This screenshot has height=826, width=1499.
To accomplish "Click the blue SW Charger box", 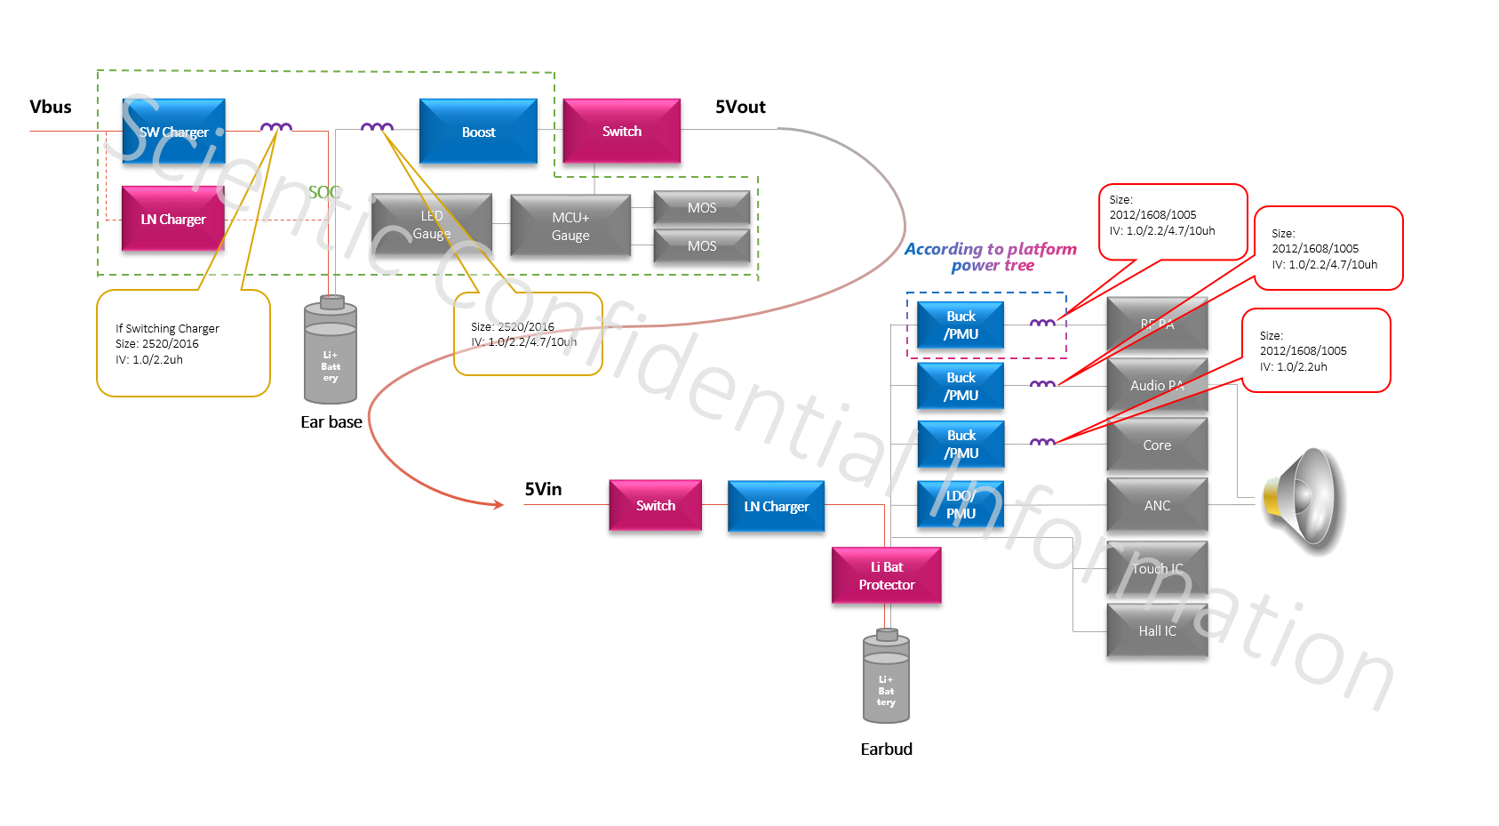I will pos(173,131).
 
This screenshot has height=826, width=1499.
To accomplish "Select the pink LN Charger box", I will pos(172,219).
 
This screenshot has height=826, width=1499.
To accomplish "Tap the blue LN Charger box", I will pos(776,506).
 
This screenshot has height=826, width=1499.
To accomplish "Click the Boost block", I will pos(478,131).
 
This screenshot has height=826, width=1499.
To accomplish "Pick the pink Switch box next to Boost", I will pos(621,131).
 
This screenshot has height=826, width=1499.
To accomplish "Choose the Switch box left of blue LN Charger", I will pos(655,505).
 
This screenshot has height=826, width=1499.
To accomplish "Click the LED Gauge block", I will pos(432,225).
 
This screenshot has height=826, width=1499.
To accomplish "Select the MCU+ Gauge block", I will pos(570,226).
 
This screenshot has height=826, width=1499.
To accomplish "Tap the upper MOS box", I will pos(701,207).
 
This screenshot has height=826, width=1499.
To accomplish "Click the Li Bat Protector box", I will pos(886,575).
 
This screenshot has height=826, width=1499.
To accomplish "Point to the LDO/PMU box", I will pos(960,504).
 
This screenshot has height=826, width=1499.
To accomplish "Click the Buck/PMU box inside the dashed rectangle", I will pos(960,325).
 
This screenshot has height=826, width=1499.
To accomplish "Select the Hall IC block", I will pos(1157,630).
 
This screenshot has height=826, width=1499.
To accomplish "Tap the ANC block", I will pos(1157,505).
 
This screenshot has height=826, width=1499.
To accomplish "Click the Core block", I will pos(1157,445).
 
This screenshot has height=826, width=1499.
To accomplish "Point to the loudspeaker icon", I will pos(1305,502).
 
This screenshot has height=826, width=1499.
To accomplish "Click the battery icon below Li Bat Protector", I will pos(886,678).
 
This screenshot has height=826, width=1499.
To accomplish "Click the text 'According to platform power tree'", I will pos(991,257).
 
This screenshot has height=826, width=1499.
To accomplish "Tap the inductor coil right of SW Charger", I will pos(276,127).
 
